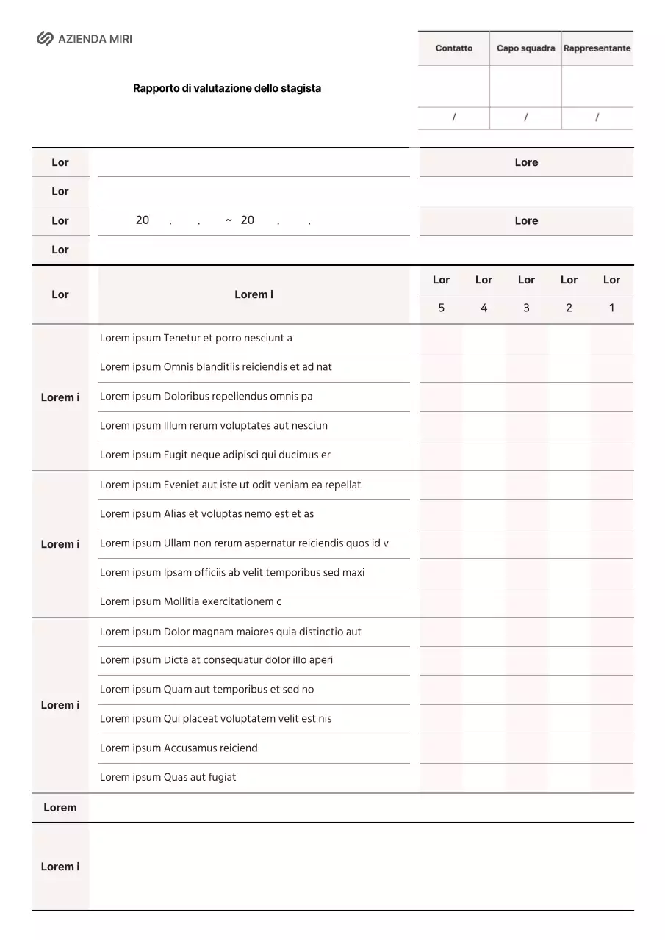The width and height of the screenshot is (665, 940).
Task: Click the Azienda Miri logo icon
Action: (45, 39)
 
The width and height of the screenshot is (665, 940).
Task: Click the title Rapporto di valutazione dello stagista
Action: (226, 88)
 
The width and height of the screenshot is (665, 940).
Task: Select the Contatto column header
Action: (453, 48)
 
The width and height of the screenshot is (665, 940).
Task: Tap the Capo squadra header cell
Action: (525, 48)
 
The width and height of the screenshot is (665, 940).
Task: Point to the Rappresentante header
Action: (597, 48)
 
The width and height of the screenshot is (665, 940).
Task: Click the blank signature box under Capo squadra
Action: (525, 86)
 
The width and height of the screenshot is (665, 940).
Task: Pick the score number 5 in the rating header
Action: (441, 308)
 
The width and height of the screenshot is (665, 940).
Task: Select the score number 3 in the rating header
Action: (526, 308)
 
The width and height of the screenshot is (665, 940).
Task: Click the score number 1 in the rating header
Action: (611, 308)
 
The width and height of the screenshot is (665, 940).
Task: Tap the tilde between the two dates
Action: (229, 220)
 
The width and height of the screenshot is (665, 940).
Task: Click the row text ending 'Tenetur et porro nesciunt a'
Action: (196, 338)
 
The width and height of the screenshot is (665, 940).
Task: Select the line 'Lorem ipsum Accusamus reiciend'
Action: (179, 748)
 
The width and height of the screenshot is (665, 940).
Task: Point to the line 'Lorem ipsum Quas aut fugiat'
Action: (168, 777)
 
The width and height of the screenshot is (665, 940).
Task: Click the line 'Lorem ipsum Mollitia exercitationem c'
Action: (191, 601)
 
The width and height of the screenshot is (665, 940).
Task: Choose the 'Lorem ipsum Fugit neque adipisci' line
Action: (215, 455)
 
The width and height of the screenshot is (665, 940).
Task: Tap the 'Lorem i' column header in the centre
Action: (254, 294)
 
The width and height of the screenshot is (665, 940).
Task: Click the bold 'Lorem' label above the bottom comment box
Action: (60, 808)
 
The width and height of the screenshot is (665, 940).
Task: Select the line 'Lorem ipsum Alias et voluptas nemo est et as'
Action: (207, 514)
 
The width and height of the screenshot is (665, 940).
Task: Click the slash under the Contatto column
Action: (453, 117)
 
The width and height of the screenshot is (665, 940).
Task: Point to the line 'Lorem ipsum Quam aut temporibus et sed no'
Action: (207, 690)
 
